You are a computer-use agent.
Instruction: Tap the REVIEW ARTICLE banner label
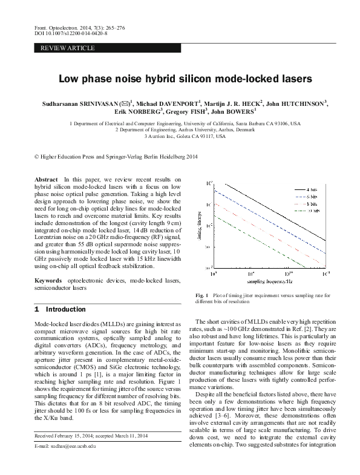[67, 47]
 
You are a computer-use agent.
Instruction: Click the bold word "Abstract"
[47, 180]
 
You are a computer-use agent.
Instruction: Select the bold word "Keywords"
[48, 281]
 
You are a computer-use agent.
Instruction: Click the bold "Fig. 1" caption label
[202, 295]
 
